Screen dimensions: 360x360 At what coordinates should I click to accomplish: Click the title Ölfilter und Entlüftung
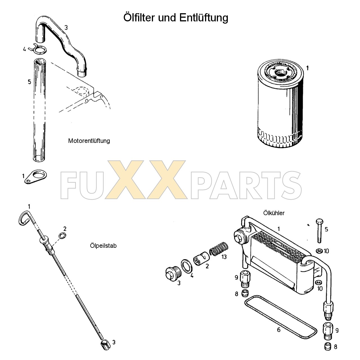[x=176, y=17]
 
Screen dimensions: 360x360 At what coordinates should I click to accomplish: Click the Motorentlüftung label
[x=89, y=141]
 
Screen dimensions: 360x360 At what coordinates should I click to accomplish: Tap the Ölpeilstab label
[x=103, y=246]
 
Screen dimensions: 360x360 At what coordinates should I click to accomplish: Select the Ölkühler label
[x=274, y=213]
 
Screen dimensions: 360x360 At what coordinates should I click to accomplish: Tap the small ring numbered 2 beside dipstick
[x=62, y=236]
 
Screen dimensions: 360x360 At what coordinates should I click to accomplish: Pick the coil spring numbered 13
[x=219, y=249]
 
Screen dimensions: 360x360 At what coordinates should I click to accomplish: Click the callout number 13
[x=224, y=257]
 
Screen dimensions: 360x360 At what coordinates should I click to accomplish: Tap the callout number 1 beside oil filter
[x=307, y=68]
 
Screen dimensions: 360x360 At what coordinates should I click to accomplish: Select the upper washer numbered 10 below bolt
[x=319, y=250]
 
